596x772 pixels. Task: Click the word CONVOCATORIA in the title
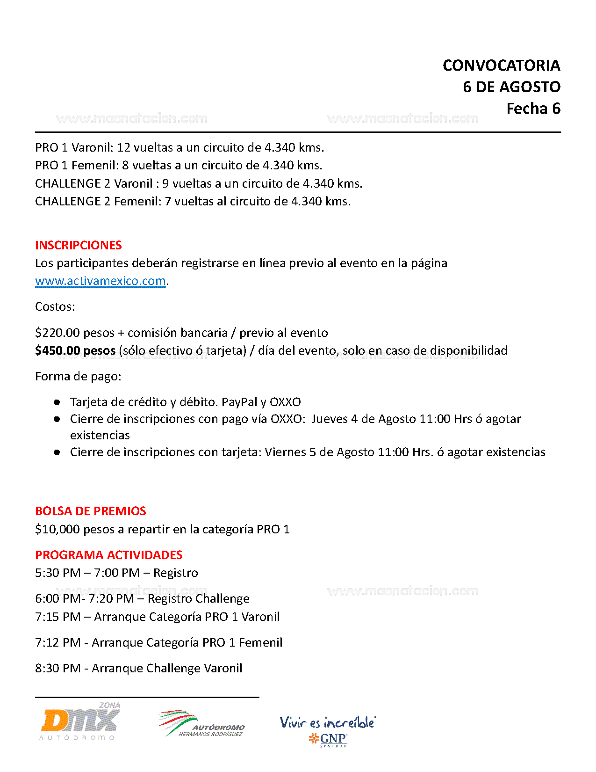click(x=501, y=66)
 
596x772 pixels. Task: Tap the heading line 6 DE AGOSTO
click(x=511, y=87)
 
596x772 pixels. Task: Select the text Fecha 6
click(x=533, y=109)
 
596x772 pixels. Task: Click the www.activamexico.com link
click(x=101, y=281)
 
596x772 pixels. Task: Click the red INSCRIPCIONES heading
click(x=78, y=245)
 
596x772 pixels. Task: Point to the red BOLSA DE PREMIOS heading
click(x=91, y=511)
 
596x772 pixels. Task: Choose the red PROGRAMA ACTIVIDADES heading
click(x=108, y=555)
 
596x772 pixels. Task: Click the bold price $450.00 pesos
click(x=75, y=350)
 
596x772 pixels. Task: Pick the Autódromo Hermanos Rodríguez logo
click(x=201, y=724)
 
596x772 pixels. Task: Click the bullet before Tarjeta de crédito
click(x=57, y=402)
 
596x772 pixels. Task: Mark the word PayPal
click(x=239, y=402)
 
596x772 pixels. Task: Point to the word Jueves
click(x=329, y=419)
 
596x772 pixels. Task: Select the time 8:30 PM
click(x=57, y=668)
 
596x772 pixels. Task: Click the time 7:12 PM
click(x=57, y=642)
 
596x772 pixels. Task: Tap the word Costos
click(x=55, y=307)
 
